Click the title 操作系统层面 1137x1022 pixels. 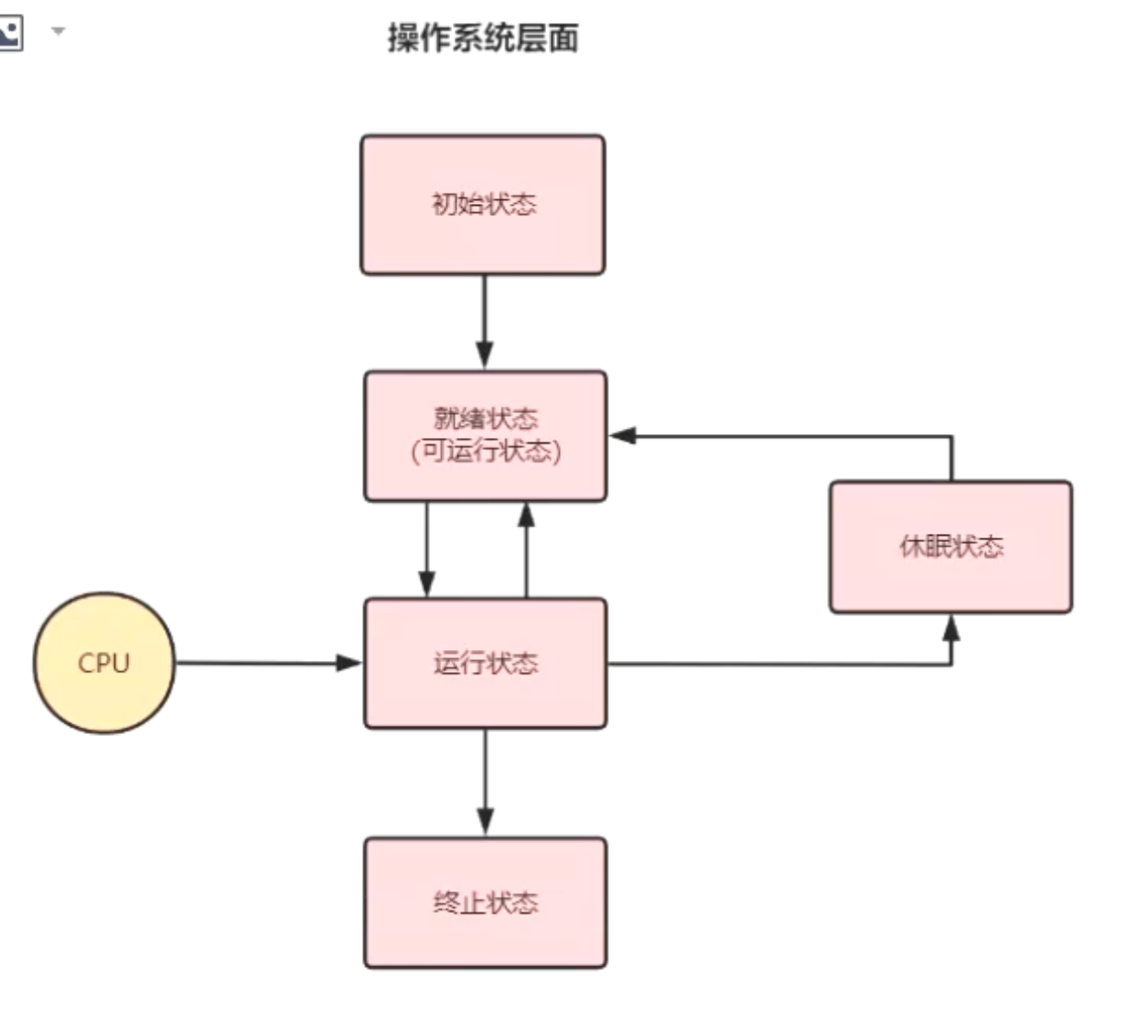coord(482,38)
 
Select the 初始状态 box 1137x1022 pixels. coord(482,205)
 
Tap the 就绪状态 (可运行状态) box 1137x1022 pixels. coord(485,435)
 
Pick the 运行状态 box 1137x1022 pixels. coord(485,663)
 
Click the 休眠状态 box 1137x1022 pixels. coord(950,547)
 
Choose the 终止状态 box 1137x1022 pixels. coord(485,902)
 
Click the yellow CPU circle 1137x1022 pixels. coord(103,663)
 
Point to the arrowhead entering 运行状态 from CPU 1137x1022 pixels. coord(350,663)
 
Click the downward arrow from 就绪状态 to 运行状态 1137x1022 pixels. coord(426,549)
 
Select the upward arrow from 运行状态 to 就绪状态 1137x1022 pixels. coord(526,549)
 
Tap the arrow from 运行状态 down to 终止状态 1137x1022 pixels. coord(485,782)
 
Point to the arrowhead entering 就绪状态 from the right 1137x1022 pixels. coord(623,436)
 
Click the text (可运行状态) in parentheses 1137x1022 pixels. coord(485,451)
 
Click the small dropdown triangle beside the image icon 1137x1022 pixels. coord(58,31)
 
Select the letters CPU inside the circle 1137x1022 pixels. coord(103,663)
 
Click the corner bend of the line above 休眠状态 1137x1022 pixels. coord(951,437)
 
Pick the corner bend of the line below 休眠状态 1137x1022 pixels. coord(951,664)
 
